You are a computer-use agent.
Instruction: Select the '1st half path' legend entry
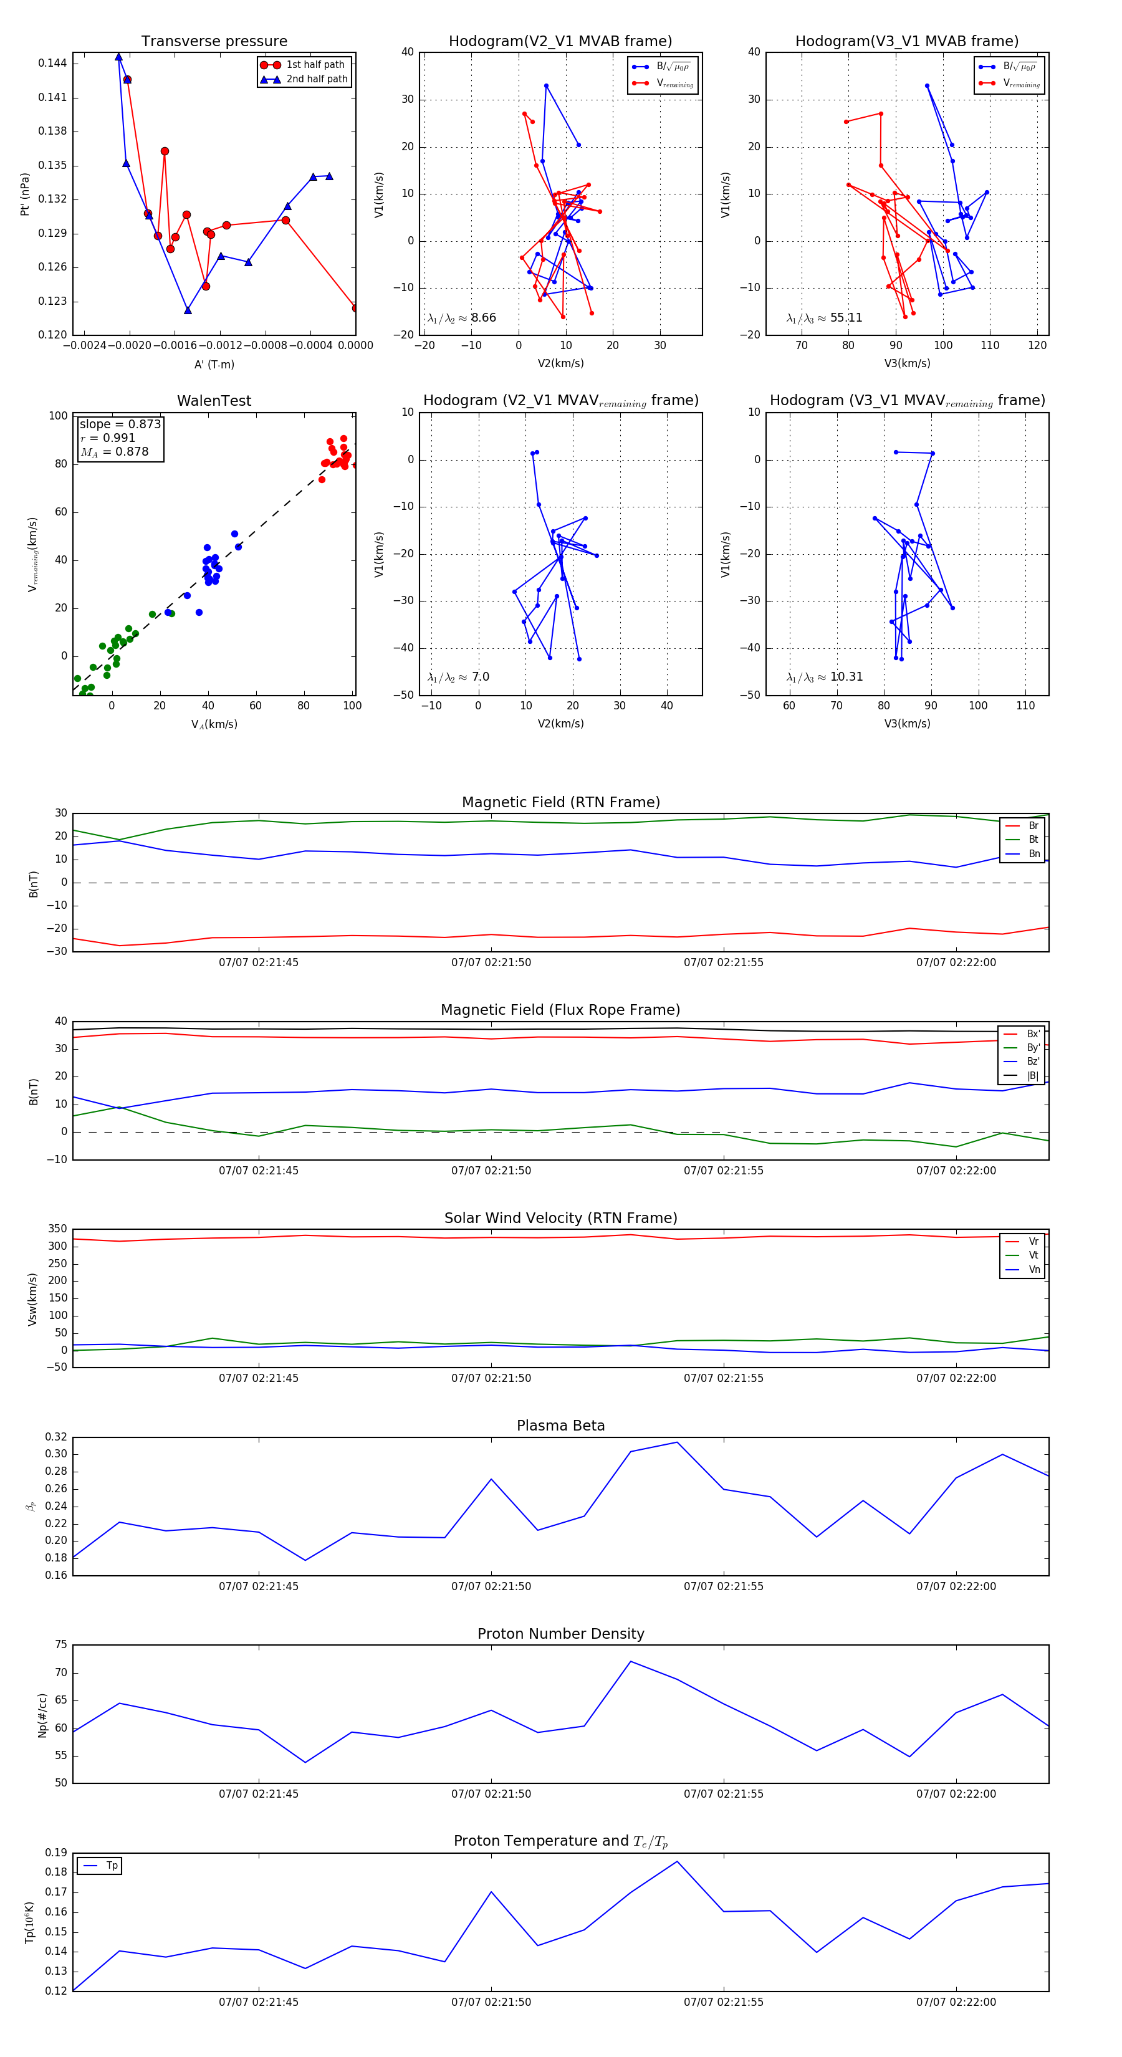(315, 65)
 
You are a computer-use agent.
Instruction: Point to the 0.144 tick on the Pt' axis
(53, 63)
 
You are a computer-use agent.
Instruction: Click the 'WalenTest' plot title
(214, 401)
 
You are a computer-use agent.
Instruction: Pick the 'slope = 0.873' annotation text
(120, 424)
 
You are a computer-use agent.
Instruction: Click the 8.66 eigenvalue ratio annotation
(483, 318)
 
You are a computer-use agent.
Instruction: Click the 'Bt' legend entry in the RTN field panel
(1033, 839)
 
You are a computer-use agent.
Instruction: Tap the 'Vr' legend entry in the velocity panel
(1033, 1242)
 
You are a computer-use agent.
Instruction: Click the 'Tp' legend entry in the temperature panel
(112, 1866)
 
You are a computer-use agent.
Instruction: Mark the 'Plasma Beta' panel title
(560, 1426)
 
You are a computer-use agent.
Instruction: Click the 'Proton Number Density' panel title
(560, 1634)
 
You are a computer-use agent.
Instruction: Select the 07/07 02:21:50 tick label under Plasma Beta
(491, 1586)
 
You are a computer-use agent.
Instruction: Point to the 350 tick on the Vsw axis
(57, 1229)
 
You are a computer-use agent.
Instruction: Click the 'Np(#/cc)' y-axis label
(42, 1715)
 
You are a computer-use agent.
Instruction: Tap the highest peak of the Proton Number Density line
(631, 1662)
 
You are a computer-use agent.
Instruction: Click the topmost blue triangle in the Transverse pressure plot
(119, 57)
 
